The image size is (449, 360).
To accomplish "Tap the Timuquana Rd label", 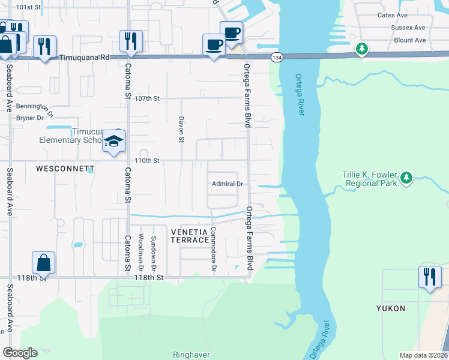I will tap(86, 58).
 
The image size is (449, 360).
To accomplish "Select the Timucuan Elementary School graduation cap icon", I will tap(113, 140).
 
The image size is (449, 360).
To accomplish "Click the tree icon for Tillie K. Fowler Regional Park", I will tap(406, 177).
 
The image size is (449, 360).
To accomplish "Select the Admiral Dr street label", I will tap(226, 184).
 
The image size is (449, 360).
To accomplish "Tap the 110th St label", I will tap(147, 161).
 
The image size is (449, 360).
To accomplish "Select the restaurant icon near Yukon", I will tap(429, 277).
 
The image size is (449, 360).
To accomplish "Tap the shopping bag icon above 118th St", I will tap(44, 262).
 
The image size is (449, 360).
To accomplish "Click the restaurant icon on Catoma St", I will tap(131, 41).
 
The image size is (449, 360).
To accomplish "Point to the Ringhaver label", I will tap(191, 355).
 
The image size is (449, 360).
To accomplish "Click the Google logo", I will tap(20, 353).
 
